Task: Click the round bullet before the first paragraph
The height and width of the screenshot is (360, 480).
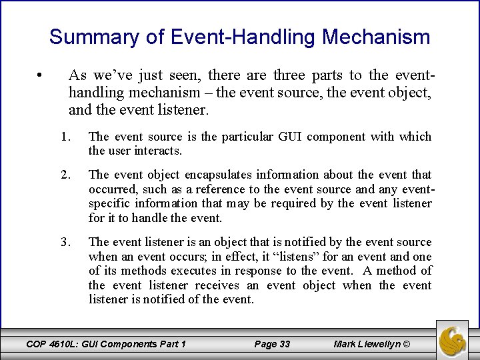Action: point(41,74)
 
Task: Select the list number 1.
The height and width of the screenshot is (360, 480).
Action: point(65,137)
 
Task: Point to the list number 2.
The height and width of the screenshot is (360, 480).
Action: point(65,175)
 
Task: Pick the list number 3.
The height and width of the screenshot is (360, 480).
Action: point(65,242)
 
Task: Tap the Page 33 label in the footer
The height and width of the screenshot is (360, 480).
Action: point(273,344)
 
